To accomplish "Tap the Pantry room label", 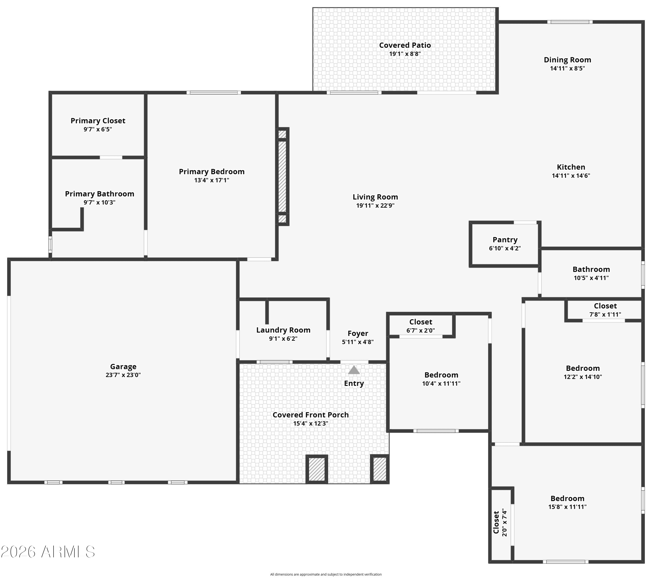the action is [505, 240].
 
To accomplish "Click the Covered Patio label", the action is [405, 45].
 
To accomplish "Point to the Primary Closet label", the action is [98, 121].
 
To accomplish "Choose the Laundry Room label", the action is [283, 330].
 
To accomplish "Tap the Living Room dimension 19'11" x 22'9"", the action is [375, 205].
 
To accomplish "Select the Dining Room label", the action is [567, 60].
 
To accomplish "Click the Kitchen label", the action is [571, 167].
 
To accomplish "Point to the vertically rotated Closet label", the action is [496, 523].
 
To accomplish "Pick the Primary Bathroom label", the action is [100, 194].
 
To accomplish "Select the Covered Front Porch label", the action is [311, 415].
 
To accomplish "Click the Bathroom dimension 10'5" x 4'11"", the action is [591, 278].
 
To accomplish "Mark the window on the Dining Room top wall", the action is [570, 22].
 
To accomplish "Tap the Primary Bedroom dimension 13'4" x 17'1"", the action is [212, 180].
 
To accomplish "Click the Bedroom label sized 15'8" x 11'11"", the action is [567, 499].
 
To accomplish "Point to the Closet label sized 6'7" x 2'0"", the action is [421, 322].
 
